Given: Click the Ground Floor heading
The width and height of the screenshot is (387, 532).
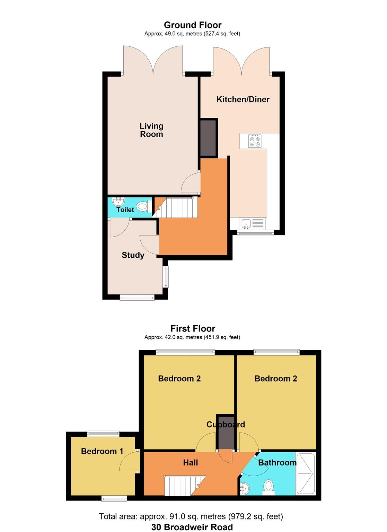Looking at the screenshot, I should pos(193,25).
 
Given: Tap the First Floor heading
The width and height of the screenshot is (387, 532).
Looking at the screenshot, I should pos(193,328).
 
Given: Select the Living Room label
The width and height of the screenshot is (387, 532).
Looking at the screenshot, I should pos(151,130).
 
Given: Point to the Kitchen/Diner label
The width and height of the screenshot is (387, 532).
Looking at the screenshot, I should pos(243,99).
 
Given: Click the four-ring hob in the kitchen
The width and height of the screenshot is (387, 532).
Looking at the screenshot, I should pos(255,141).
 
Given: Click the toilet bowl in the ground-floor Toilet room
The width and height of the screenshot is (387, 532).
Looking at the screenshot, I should pos(142,207).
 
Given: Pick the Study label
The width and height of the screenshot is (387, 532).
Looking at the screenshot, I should pos(133,255).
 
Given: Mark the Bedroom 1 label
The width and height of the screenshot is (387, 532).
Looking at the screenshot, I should pos(102,451).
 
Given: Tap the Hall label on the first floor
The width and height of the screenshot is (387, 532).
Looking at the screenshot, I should pos(190,463).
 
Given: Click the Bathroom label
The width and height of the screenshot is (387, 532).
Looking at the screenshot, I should pos(277,463).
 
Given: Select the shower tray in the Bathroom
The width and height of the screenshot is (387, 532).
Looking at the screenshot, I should pos(305,473).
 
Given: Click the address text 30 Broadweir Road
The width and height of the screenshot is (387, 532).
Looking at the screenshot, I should pos(192,527).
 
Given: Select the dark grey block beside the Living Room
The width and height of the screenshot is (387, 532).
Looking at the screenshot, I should pos(209,138).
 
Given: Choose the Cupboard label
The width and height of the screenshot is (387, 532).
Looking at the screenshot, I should pos(226,425).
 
